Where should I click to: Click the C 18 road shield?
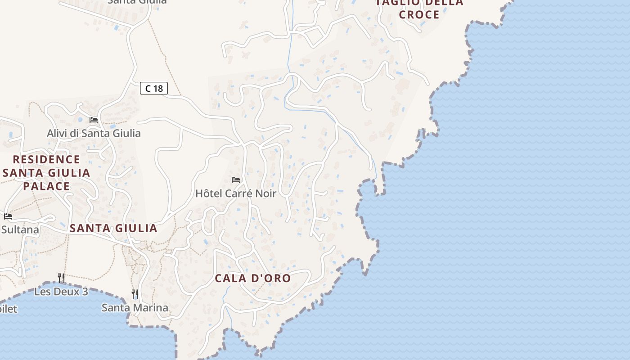154,88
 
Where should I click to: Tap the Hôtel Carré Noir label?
235,193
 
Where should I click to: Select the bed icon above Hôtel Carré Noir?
236,180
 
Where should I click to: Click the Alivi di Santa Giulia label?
94,133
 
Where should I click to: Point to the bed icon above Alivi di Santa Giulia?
94,120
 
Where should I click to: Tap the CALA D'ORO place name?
252,278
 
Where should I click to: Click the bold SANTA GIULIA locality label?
113,228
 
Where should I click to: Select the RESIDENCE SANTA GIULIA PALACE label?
46,173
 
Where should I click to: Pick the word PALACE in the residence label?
46,186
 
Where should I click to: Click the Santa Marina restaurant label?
135,308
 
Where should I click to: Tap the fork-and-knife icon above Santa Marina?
135,294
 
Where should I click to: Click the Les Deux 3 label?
61,292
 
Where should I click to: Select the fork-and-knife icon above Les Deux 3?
61,278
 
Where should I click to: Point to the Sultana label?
20,229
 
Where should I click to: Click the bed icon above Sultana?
8,216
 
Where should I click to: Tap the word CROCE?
419,14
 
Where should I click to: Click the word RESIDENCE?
46,159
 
